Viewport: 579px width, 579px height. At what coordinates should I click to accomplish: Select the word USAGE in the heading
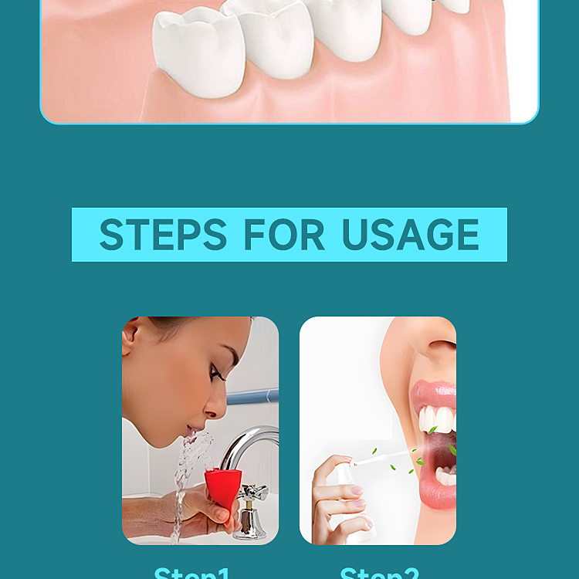point(410,235)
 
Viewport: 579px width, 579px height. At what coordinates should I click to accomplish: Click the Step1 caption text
point(192,574)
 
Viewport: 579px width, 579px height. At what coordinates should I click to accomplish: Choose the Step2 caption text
point(379,574)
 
